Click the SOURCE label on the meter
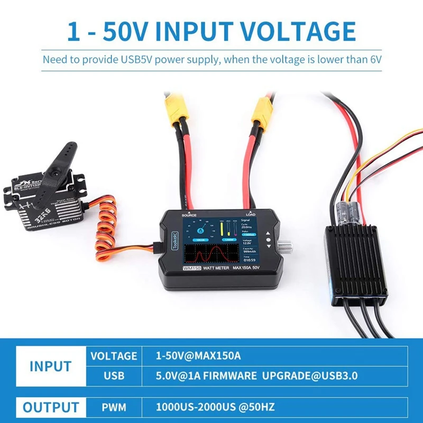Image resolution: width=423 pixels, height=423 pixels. (189, 216)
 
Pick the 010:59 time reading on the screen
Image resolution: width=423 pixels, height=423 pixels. (249, 260)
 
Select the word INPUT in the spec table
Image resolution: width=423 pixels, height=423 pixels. (50, 365)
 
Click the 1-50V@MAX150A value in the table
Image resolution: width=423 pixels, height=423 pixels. (198, 356)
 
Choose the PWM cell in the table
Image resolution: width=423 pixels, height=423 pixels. (114, 408)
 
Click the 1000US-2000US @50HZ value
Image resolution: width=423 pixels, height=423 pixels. (215, 408)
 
